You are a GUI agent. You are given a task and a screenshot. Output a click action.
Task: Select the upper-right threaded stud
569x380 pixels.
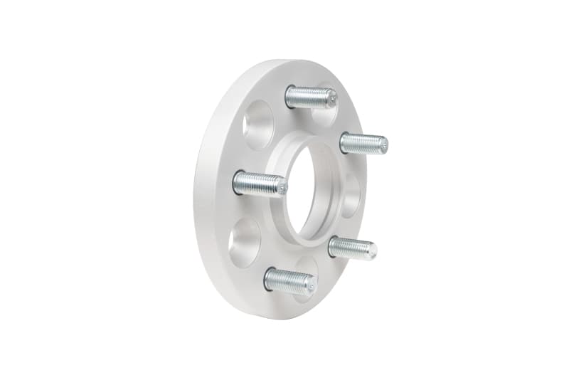363,143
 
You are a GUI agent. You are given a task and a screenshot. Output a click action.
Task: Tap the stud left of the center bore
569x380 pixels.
259,184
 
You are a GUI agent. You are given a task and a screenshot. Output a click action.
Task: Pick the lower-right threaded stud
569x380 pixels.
352,248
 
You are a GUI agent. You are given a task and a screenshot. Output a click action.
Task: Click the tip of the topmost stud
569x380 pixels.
333,100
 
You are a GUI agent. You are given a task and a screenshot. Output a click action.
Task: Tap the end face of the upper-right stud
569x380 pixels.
384,145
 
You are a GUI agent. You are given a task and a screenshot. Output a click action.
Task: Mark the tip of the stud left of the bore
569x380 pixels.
282,187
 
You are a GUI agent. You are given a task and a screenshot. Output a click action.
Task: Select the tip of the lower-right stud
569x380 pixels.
373,250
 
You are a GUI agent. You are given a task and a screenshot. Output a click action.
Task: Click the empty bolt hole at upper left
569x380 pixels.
257,124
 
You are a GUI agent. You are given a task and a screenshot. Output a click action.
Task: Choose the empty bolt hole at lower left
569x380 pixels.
244,242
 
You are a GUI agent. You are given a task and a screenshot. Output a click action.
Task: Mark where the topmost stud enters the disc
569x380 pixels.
289,95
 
